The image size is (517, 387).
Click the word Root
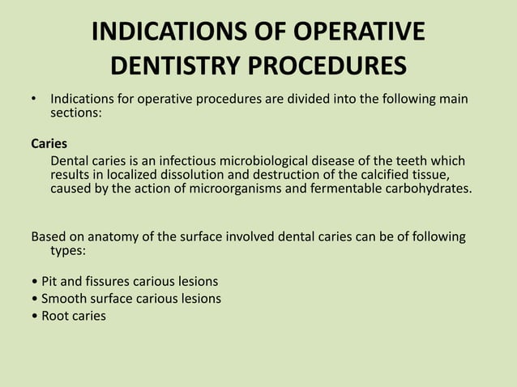[56, 316]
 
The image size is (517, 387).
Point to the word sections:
[76, 114]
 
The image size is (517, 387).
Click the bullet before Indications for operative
[34, 100]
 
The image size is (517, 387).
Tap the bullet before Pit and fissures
[33, 282]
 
